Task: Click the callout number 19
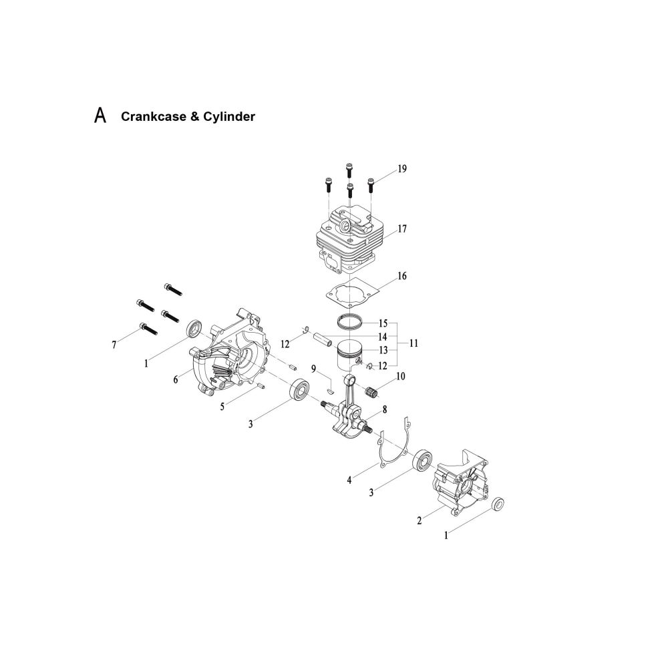coord(402,169)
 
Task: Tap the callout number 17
coord(402,229)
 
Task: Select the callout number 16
coord(402,276)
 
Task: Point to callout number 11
coord(413,343)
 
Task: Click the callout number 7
coord(114,345)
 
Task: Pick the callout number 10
coord(400,376)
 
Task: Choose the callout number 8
coord(385,410)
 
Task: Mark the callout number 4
coord(349,480)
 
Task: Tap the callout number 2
coord(420,520)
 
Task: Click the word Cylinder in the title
coord(228,116)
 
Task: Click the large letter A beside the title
coord(100,115)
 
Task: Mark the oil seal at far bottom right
coord(498,504)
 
